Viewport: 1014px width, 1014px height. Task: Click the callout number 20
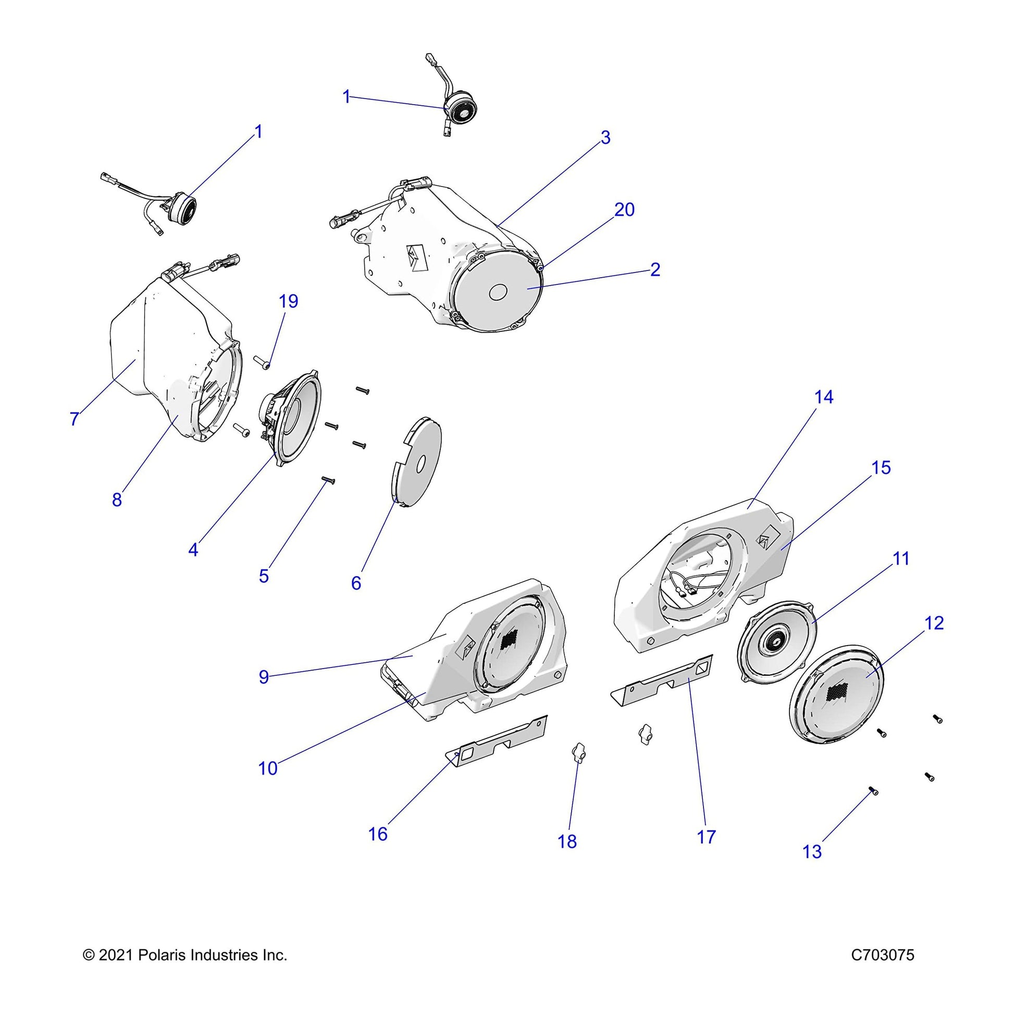pos(624,210)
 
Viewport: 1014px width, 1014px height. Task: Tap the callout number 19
pos(288,301)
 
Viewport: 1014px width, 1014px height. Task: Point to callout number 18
pos(567,842)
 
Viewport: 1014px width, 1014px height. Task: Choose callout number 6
pos(356,583)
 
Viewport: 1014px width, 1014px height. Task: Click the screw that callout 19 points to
pos(262,361)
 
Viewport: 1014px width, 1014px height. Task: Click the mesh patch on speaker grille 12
pos(837,694)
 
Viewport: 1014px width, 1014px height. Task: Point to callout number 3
pos(605,138)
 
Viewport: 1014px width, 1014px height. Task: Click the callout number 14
pos(823,397)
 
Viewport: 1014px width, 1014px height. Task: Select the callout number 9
pos(264,677)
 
